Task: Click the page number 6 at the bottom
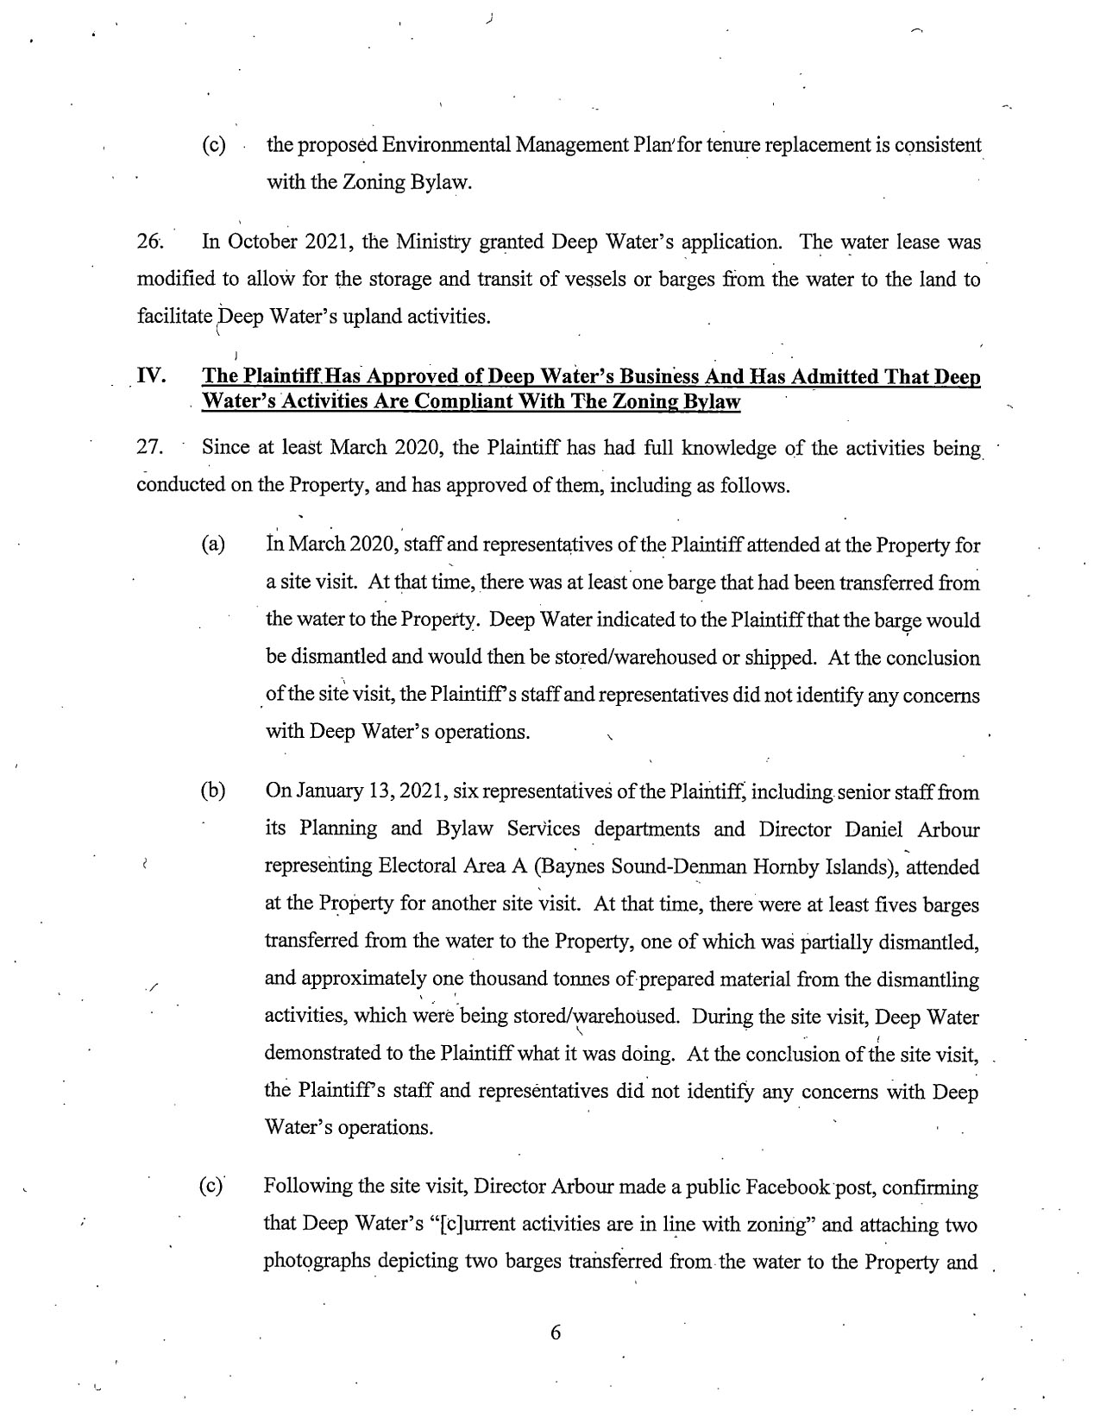coord(555,1333)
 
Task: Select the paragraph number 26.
coord(149,242)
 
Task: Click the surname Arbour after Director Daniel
coord(948,829)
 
